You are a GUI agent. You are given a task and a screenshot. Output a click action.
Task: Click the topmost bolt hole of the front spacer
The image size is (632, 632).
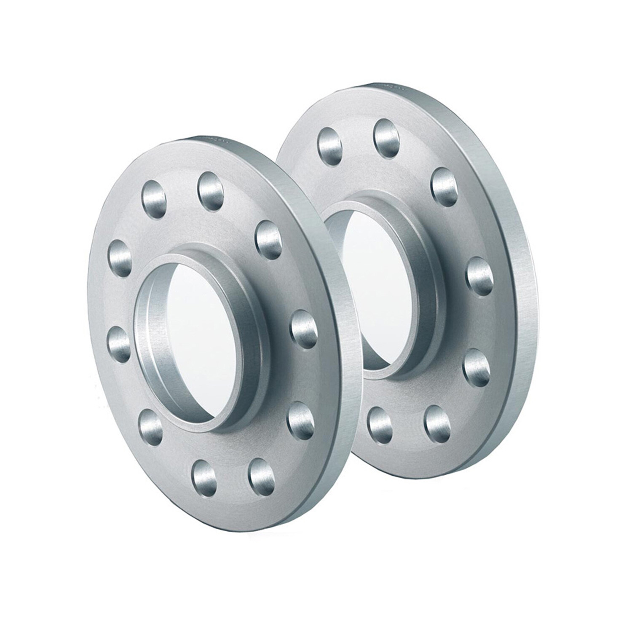click(211, 190)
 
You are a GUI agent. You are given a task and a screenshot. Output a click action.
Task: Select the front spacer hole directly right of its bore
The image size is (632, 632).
click(304, 329)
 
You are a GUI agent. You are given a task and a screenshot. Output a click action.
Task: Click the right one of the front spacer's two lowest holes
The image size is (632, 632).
click(262, 476)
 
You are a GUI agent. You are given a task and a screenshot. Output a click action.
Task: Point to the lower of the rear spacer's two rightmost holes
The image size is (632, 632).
click(477, 367)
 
